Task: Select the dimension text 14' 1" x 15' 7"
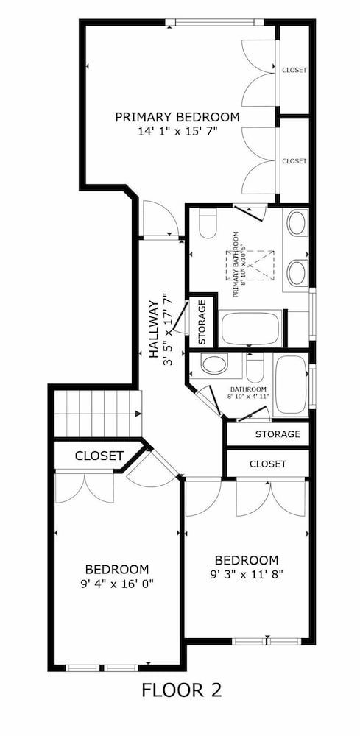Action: pos(177,132)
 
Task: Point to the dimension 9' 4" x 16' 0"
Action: pos(117,584)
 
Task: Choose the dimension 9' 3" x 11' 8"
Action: pos(247,573)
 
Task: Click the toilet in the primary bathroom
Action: pos(207,223)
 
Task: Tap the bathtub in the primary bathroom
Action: pos(250,328)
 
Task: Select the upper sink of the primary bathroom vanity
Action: pos(297,223)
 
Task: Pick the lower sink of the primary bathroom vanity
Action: pos(297,273)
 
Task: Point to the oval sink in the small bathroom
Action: pos(214,364)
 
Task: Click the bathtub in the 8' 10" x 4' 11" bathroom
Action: pos(291,385)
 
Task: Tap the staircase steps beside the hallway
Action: pos(98,414)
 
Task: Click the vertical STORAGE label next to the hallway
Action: pos(202,322)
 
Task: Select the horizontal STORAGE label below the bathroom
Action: pos(278,434)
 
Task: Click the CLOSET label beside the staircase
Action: pos(99,456)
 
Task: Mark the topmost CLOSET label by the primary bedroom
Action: pos(294,71)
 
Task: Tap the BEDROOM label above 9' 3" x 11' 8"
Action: pos(247,560)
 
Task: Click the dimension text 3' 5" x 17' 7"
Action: pos(168,329)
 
